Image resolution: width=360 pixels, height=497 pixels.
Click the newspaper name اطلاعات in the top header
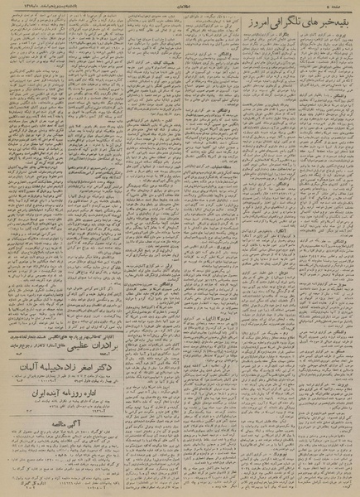pos(178,7)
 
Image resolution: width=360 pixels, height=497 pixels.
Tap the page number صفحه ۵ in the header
pos(345,7)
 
